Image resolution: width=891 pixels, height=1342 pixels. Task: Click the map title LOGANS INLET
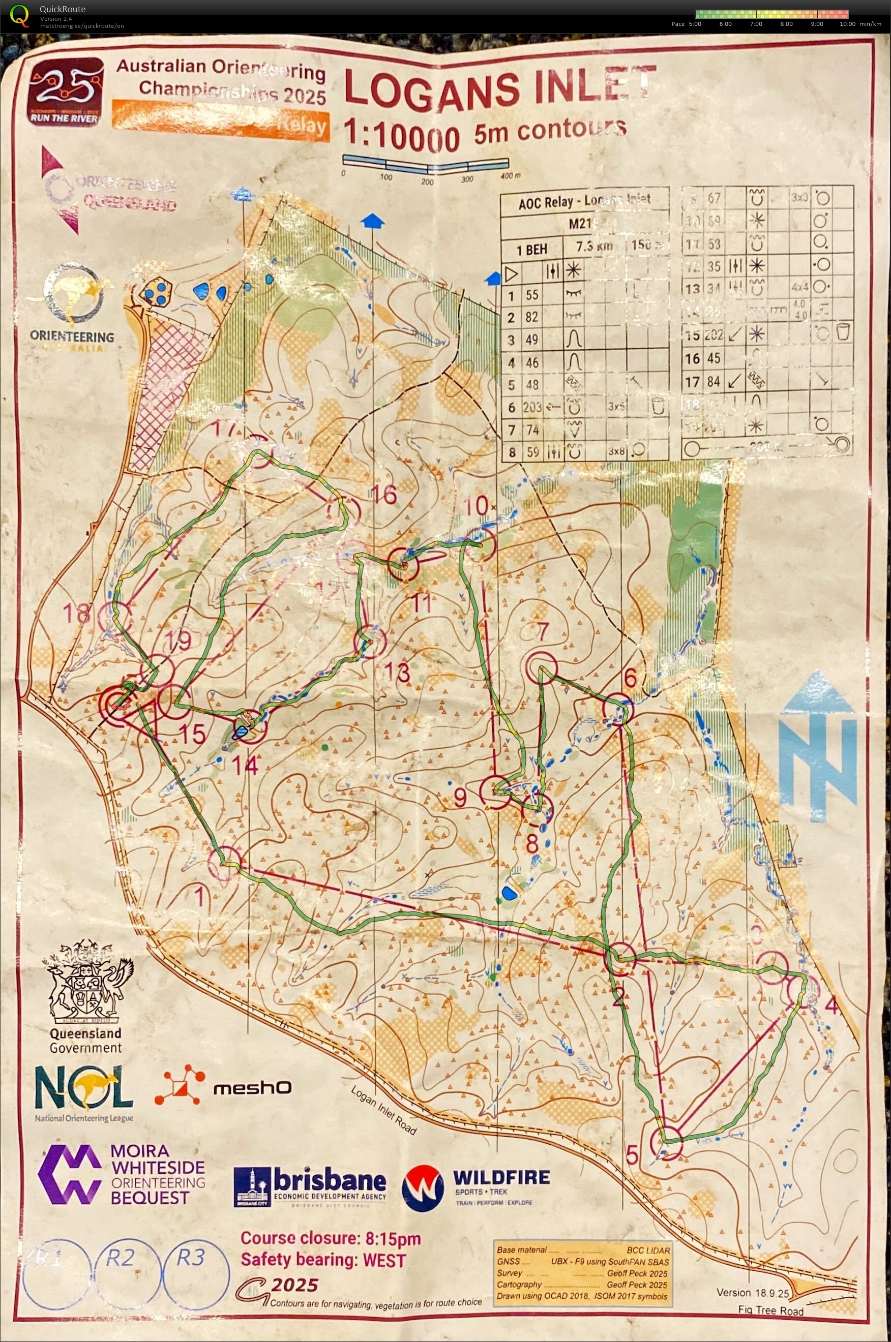click(x=500, y=88)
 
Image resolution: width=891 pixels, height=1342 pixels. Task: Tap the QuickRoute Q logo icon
click(x=19, y=15)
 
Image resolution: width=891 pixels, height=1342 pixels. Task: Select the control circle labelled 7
click(x=541, y=667)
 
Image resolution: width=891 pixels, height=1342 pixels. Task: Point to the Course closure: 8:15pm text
click(x=330, y=1239)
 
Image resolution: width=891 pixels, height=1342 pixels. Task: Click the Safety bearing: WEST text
click(x=323, y=1260)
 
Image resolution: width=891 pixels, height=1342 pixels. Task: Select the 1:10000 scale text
click(x=401, y=136)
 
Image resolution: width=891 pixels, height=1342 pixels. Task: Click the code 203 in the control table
click(x=532, y=407)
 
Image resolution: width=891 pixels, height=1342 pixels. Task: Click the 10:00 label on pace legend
click(x=847, y=24)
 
